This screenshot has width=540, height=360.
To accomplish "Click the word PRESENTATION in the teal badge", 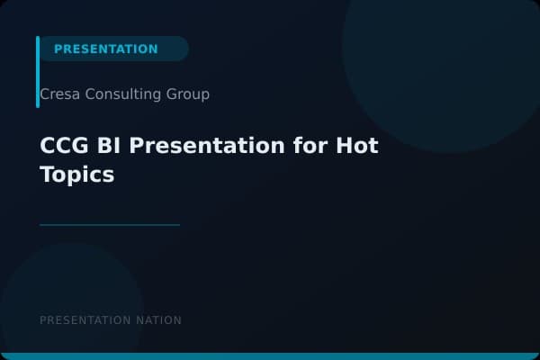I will (x=105, y=49).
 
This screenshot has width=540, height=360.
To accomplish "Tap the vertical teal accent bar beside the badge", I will (x=38, y=72).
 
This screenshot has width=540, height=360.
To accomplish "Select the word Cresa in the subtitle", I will (x=58, y=94).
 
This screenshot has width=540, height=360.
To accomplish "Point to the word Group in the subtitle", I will (x=188, y=94).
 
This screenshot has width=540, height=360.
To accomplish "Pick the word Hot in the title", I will (x=357, y=146).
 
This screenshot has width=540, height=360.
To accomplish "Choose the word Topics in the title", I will (x=76, y=175).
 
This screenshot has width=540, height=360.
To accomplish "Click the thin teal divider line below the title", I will (x=110, y=225).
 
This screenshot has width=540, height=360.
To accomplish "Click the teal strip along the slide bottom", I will (x=270, y=356).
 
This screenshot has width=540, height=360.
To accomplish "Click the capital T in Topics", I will (x=47, y=175).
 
